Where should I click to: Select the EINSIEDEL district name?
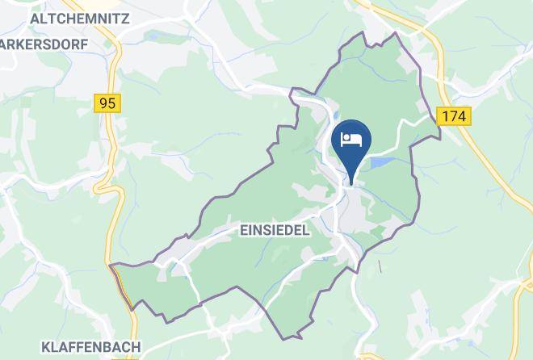point(275,230)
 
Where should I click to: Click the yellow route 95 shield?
point(107,103)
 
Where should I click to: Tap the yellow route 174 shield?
point(455,116)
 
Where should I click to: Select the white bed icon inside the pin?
point(351,139)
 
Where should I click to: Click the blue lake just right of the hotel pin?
point(380,164)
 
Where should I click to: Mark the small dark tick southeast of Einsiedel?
point(379,266)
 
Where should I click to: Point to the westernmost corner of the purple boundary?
point(111,264)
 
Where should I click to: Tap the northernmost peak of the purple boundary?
point(394,33)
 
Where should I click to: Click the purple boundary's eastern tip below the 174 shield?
point(441,136)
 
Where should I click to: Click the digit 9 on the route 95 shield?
point(103,103)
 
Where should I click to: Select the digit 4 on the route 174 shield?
point(463,116)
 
